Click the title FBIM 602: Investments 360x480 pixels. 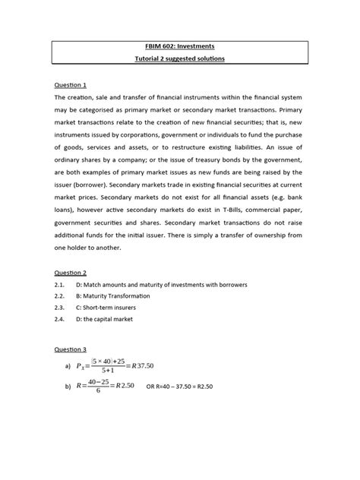180,46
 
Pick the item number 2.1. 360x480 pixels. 61,284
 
